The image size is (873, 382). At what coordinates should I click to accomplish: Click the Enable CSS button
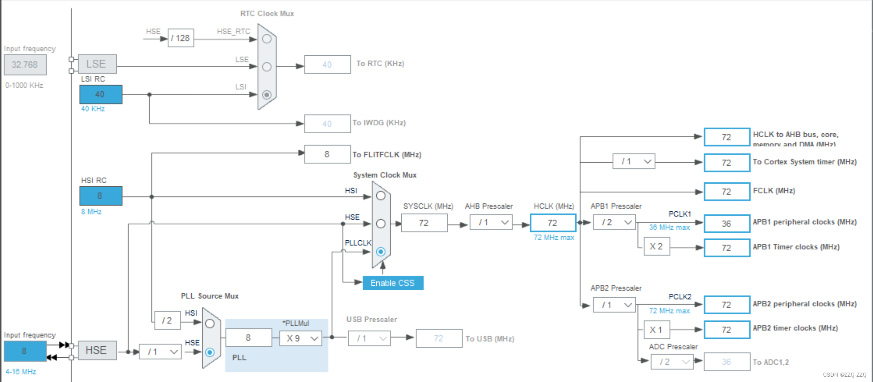[393, 283]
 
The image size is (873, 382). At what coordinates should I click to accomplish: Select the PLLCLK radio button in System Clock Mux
[380, 252]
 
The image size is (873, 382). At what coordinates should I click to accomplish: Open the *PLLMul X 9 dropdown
[301, 338]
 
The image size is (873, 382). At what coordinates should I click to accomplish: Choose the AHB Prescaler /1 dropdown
[491, 222]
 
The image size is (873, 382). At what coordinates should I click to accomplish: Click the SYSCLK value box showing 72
[424, 223]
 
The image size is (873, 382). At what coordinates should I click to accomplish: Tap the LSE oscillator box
[97, 64]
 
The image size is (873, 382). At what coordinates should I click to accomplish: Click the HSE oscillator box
[97, 350]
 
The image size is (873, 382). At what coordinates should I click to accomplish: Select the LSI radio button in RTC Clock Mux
[267, 94]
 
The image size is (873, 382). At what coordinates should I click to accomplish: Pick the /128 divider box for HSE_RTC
[181, 38]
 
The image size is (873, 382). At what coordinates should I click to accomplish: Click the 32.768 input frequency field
[25, 65]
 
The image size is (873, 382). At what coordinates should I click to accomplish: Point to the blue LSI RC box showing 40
[100, 94]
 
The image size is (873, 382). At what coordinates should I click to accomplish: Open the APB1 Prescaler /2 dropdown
[614, 222]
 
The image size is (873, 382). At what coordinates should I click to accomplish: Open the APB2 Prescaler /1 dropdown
[614, 305]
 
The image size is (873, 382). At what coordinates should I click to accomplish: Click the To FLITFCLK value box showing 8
[327, 154]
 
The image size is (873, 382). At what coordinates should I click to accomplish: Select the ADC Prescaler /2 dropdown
[671, 362]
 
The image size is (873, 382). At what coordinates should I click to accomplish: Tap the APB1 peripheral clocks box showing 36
[726, 223]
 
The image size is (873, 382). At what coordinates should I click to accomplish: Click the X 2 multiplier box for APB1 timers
[656, 246]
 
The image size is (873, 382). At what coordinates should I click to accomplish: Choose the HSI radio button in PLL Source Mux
[210, 324]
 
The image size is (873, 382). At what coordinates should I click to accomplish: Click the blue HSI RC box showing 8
[100, 196]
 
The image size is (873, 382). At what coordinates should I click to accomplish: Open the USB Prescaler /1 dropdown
[369, 338]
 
